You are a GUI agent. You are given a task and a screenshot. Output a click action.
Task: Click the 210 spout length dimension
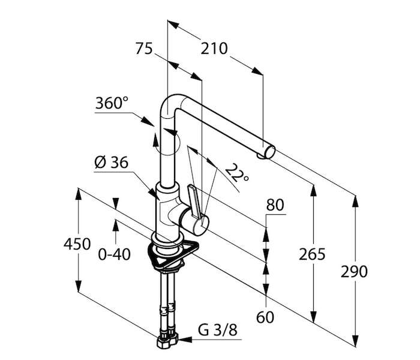coord(214,49)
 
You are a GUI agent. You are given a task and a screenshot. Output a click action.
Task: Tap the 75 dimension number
coord(144,49)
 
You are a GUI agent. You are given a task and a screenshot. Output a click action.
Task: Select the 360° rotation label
coord(112,103)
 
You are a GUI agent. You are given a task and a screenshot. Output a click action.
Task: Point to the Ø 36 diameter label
coord(112,163)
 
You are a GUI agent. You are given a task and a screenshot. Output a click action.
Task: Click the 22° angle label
coord(236,173)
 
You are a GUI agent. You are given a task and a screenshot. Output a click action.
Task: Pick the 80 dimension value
coord(275,205)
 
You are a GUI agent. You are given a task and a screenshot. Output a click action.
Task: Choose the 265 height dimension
coord(312,254)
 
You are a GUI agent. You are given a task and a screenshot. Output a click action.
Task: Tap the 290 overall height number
coord(354,272)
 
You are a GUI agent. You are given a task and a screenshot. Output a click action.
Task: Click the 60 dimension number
coord(265,317)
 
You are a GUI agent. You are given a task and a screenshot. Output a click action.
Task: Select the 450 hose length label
coord(77,244)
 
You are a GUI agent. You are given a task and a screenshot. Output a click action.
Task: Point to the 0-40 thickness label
coord(115,254)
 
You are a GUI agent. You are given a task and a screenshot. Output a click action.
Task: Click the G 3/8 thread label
coord(218,330)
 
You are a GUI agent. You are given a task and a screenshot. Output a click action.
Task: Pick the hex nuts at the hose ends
coord(167,340)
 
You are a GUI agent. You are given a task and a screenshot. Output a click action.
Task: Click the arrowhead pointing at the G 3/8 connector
coord(185,340)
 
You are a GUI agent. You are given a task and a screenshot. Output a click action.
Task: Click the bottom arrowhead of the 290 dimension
coord(355,341)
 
